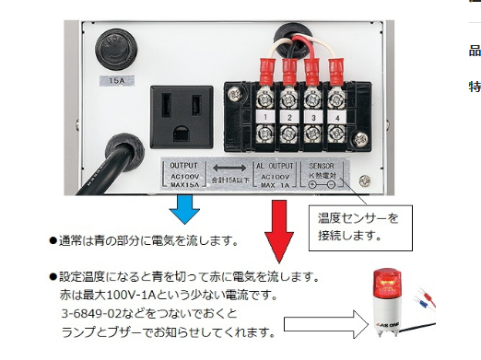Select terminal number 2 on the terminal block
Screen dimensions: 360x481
289,118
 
